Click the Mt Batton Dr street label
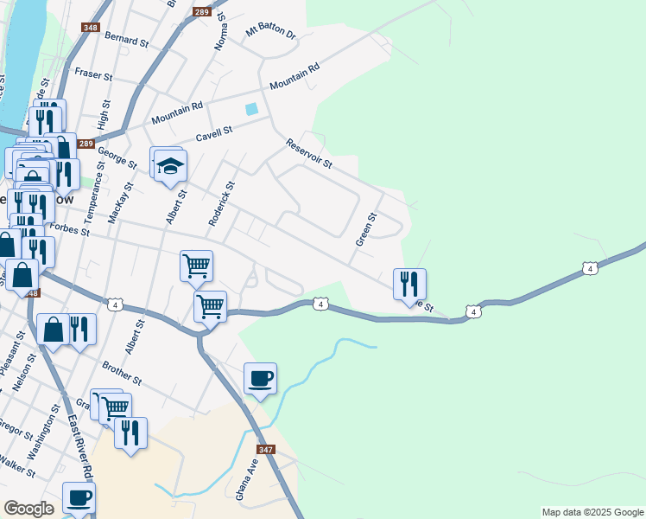pos(271,33)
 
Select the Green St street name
pos(366,228)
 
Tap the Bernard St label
pos(126,38)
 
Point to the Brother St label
pos(121,373)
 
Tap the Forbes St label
pos(70,229)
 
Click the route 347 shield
pos(266,450)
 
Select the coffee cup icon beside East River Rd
pos(79,497)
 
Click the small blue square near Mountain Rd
pos(251,109)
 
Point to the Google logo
pos(28,509)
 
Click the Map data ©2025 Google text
pos(592,512)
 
